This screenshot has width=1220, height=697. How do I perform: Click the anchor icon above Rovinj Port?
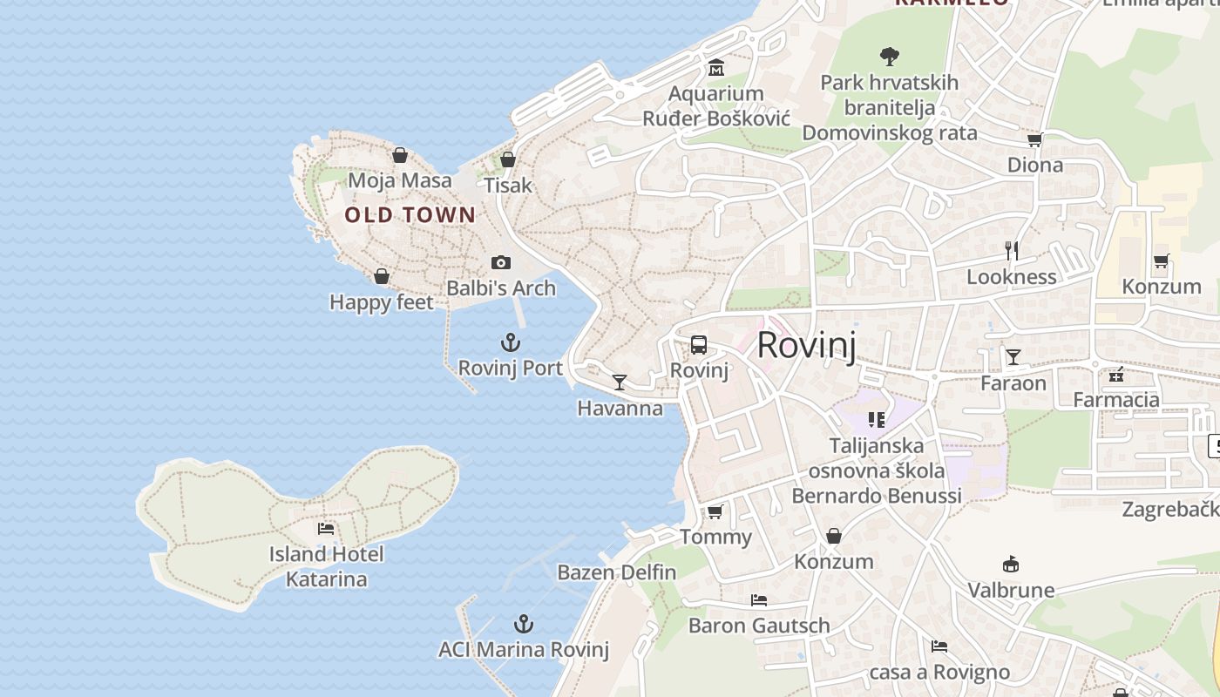[x=511, y=342]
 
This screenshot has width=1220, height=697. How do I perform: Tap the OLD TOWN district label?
[x=410, y=215]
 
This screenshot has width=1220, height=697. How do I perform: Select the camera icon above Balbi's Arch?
[x=501, y=262]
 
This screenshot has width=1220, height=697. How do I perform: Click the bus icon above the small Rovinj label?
[x=699, y=344]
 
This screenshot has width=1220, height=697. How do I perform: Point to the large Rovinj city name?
[x=806, y=345]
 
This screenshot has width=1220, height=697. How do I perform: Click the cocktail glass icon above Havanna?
[x=620, y=382]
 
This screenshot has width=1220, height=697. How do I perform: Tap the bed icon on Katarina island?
[x=326, y=528]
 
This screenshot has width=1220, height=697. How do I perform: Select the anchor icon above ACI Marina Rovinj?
[x=523, y=624]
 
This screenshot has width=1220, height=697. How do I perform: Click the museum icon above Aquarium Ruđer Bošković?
[x=716, y=68]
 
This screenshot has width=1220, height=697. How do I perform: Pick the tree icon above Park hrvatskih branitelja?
[x=889, y=58]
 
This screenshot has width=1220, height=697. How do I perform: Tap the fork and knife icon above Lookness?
[x=1012, y=251]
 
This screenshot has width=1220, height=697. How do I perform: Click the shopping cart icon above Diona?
[x=1035, y=139]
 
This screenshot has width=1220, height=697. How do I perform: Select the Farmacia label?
[x=1116, y=400]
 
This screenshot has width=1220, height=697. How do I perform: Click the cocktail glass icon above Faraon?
[x=1013, y=356]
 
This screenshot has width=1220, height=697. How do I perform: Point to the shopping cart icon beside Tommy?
[x=715, y=511]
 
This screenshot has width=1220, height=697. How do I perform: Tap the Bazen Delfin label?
[x=617, y=572]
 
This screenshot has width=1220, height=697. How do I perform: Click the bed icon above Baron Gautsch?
[x=759, y=600]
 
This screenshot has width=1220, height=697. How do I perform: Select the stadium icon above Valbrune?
[x=1011, y=565]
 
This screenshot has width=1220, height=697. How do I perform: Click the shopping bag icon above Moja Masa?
[x=400, y=155]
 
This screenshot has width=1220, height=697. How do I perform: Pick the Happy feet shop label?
[x=381, y=302]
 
